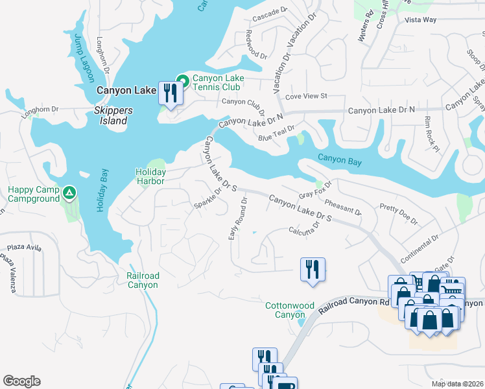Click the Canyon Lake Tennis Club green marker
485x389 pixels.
click(183, 81)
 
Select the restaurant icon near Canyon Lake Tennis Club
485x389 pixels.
click(170, 93)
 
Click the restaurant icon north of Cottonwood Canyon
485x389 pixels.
click(313, 268)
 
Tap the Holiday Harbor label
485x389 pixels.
click(150, 176)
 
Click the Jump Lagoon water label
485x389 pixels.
click(83, 57)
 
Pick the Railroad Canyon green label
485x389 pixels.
click(143, 280)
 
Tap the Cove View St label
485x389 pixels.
click(306, 96)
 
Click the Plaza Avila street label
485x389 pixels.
click(23, 248)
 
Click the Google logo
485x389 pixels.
click(21, 381)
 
